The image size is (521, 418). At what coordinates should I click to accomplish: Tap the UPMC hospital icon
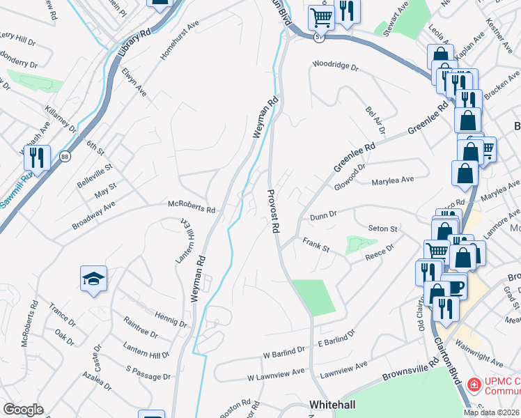[474, 384]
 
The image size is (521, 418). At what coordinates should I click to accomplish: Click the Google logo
[23, 409]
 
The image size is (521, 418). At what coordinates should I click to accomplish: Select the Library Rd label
[134, 43]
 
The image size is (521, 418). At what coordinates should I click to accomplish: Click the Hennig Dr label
[171, 319]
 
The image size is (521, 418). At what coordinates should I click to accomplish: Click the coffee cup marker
[455, 286]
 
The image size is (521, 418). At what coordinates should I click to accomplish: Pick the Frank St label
[315, 245]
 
